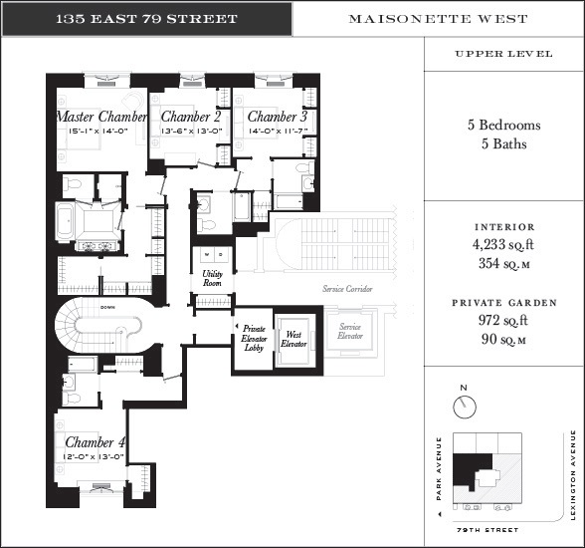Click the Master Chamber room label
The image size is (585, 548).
click(101, 118)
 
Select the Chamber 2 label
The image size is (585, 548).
click(190, 117)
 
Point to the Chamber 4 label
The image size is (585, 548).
click(96, 441)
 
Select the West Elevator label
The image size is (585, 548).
click(294, 339)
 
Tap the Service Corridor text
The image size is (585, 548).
click(347, 289)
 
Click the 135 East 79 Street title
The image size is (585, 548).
click(146, 19)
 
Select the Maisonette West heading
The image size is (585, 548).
click(438, 19)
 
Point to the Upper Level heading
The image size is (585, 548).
click(503, 54)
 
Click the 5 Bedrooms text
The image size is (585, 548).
click(503, 126)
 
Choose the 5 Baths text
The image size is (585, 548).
click(503, 143)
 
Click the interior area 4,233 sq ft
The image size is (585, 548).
click(503, 245)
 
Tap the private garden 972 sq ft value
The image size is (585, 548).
click(503, 321)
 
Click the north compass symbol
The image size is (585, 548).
click(462, 406)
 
